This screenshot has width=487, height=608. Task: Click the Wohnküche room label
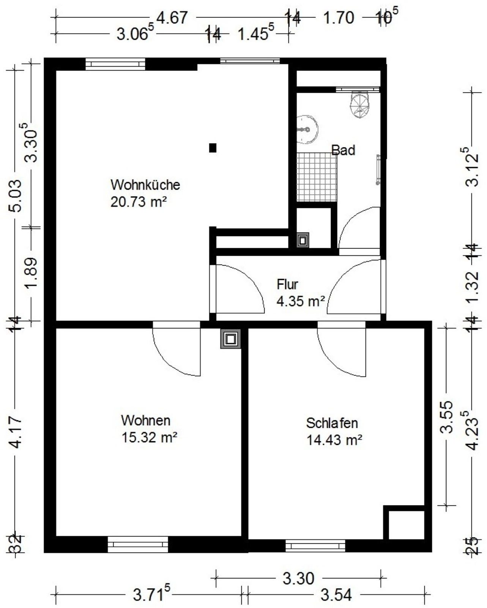click(145, 185)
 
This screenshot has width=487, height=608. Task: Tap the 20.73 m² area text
click(138, 202)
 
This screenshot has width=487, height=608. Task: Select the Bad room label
click(343, 150)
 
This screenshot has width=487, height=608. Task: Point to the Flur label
click(287, 284)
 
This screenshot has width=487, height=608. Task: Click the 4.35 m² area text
click(301, 301)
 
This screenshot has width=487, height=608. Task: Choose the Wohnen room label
click(146, 420)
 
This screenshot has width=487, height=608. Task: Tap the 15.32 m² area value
click(149, 437)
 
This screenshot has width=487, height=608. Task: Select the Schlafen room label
click(332, 423)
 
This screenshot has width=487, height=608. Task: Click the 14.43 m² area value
click(334, 440)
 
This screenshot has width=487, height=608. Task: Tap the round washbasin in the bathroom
click(307, 130)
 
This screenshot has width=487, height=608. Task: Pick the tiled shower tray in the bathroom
click(317, 177)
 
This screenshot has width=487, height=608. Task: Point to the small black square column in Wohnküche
click(213, 148)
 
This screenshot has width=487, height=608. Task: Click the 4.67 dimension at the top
click(172, 18)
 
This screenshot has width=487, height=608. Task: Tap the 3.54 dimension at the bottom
click(336, 595)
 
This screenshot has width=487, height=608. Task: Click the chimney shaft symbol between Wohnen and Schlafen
click(231, 339)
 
